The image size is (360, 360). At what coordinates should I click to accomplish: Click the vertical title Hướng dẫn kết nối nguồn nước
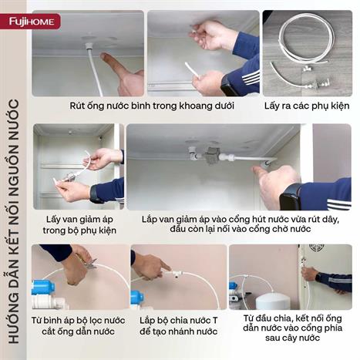click(15, 231)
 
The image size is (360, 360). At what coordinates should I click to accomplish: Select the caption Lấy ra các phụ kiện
click(307, 106)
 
